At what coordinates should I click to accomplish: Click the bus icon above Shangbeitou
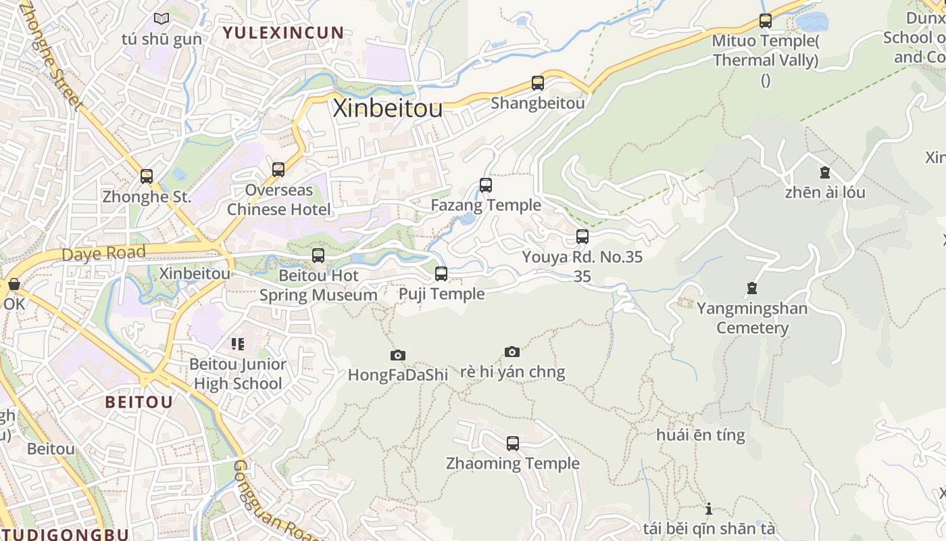pos(538,83)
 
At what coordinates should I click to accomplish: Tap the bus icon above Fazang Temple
pos(485,185)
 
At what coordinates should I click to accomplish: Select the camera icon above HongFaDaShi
pos(398,355)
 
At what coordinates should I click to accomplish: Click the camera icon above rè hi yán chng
pos(512,352)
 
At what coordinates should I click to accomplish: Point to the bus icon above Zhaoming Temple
pos(513,444)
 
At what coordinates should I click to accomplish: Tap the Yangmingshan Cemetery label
pos(752,319)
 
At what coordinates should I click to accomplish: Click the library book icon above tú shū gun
pos(161,19)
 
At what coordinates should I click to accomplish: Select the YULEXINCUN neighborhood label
pos(284,32)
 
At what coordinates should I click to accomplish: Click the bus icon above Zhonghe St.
pos(147,177)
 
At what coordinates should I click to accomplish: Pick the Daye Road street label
pos(103,254)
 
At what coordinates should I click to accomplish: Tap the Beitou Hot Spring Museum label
pos(318,285)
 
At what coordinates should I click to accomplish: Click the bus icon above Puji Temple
pos(441,274)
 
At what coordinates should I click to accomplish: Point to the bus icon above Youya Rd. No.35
pos(582,237)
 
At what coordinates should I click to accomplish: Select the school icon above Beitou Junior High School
pos(237,344)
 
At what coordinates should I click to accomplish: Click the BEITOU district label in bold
pos(139,402)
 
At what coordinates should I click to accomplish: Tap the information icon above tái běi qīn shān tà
pos(709,509)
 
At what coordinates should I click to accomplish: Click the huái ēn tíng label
pos(701,435)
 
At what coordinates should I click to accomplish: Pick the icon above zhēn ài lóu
pos(824,172)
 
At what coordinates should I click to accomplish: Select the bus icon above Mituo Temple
pos(766,21)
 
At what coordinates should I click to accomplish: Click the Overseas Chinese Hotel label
pos(279,199)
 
